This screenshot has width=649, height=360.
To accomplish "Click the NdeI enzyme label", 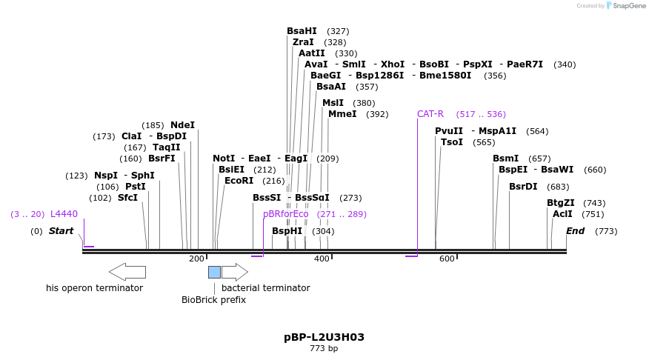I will [182, 125].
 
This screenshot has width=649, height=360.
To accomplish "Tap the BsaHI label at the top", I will [302, 31].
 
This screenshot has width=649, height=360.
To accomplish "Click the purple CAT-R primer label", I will [430, 114].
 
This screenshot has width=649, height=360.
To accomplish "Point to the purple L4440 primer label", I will [64, 214].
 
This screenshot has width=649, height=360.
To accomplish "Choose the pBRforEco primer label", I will [285, 214].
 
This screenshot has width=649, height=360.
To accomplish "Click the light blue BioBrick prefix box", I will [214, 272].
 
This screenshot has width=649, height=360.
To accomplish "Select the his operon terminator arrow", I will [127, 272].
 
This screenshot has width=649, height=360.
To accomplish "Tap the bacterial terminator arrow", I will [235, 272].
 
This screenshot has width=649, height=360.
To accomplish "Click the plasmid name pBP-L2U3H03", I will [324, 337].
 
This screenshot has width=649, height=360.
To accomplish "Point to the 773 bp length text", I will [324, 348].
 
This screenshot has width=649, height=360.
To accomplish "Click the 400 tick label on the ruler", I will [322, 259].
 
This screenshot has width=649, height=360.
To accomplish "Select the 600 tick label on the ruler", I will [447, 259].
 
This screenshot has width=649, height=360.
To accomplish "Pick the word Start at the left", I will [61, 231].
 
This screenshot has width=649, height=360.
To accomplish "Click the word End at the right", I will [575, 231].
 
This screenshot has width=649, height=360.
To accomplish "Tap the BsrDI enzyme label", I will [523, 187].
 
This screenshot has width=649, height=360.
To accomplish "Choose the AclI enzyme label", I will [562, 214].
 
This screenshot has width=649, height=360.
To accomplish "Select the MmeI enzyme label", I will [342, 114].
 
